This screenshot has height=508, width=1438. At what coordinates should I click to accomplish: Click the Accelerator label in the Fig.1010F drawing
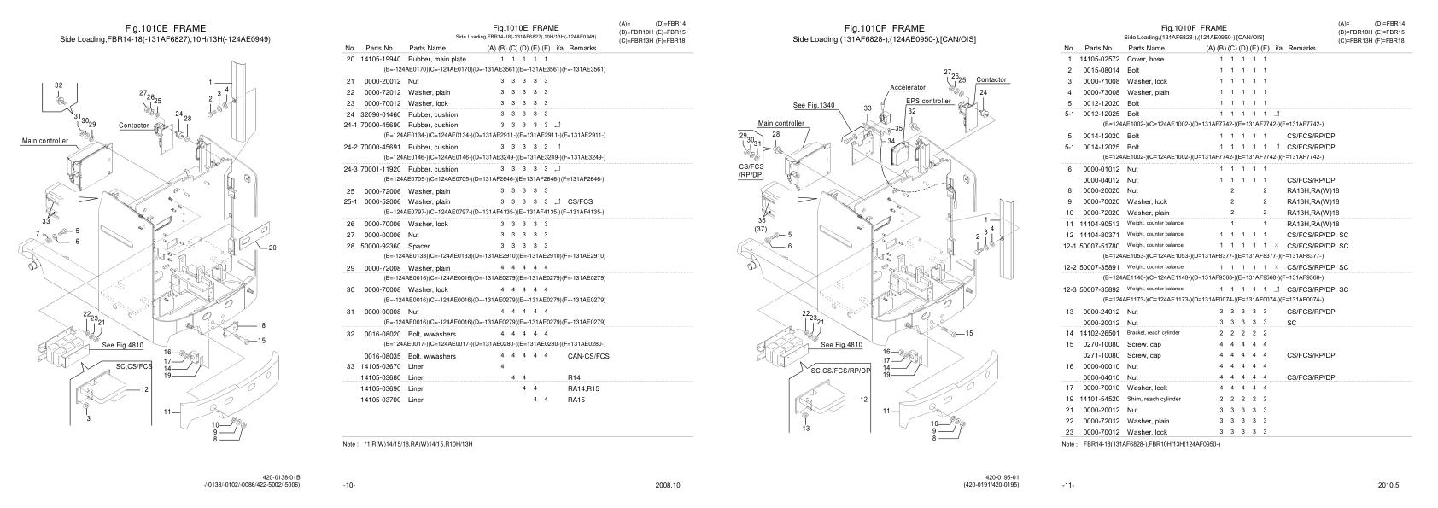pyautogui.click(x=908, y=87)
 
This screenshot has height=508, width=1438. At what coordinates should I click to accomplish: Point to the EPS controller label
pyautogui.click(x=928, y=101)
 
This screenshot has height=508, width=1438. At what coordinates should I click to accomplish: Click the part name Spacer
pyautogui.click(x=418, y=246)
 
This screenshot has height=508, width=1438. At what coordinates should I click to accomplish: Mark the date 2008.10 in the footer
pyautogui.click(x=667, y=485)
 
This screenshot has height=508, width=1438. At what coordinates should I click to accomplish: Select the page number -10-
pyautogui.click(x=348, y=485)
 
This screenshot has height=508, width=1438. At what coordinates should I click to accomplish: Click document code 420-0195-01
pyautogui.click(x=1002, y=476)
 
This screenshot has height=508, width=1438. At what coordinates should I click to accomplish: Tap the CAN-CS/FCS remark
pyautogui.click(x=589, y=355)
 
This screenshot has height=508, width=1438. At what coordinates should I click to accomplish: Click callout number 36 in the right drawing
pyautogui.click(x=761, y=219)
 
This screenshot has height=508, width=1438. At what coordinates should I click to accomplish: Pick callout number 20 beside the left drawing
pyautogui.click(x=272, y=248)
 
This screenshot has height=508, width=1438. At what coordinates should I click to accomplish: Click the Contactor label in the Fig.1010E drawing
pyautogui.click(x=134, y=126)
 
